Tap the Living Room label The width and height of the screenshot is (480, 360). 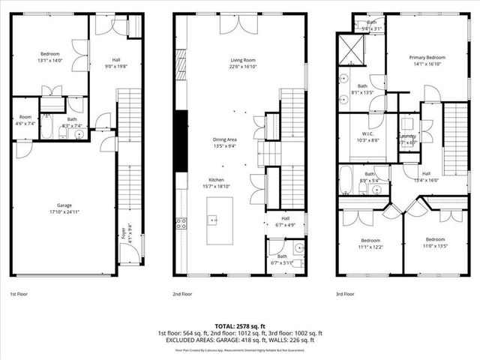click(x=243, y=63)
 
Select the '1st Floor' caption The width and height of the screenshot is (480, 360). click(x=19, y=295)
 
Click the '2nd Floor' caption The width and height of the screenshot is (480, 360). click(x=182, y=295)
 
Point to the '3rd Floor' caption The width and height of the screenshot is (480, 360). click(x=346, y=295)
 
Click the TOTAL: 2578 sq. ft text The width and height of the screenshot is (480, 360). click(x=240, y=326)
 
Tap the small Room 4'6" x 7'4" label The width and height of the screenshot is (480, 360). click(x=25, y=120)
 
